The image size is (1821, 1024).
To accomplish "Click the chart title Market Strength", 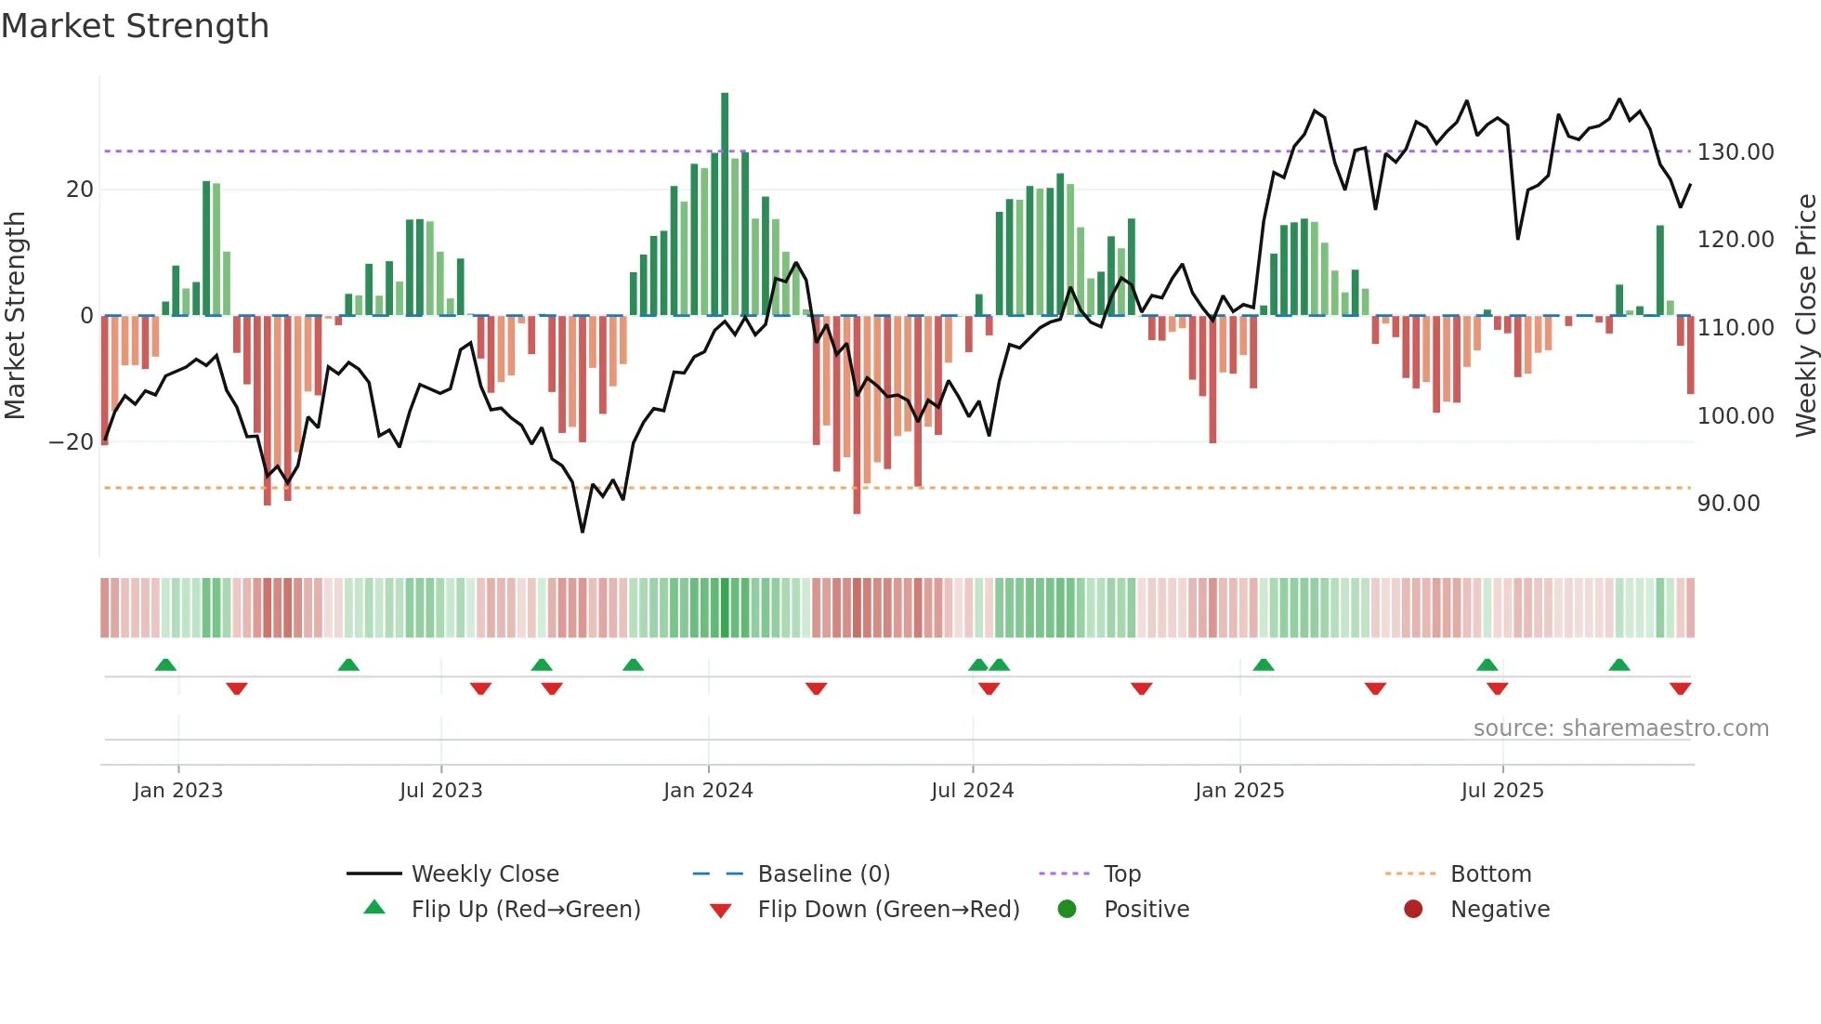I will pyautogui.click(x=135, y=26).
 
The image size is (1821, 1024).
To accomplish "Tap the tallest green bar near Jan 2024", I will pyautogui.click(x=725, y=204).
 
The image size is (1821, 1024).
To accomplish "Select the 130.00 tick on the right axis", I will pyautogui.click(x=1735, y=151).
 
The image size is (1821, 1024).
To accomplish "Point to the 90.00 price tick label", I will pyautogui.click(x=1728, y=503).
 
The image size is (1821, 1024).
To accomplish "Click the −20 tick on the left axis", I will pyautogui.click(x=72, y=441).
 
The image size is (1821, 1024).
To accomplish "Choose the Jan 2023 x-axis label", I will pyautogui.click(x=177, y=790).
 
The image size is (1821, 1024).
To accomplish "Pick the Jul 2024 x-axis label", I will pyautogui.click(x=972, y=790).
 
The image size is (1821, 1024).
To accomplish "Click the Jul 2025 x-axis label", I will pyautogui.click(x=1501, y=790).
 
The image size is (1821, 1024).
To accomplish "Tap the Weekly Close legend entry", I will pyautogui.click(x=484, y=873).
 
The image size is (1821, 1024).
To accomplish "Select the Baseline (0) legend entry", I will pyautogui.click(x=823, y=873).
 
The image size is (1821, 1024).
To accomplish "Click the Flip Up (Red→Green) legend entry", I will pyautogui.click(x=525, y=909).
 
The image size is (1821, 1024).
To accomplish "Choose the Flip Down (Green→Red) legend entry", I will pyautogui.click(x=887, y=909).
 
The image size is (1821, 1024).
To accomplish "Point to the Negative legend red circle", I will pyautogui.click(x=1413, y=909).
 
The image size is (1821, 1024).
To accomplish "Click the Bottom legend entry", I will pyautogui.click(x=1489, y=873).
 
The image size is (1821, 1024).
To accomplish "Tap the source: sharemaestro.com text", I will pyautogui.click(x=1620, y=728).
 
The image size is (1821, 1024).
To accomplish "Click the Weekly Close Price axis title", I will pyautogui.click(x=1805, y=315).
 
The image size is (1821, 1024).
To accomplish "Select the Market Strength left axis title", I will pyautogui.click(x=15, y=315).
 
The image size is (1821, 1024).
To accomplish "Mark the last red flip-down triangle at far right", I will pyautogui.click(x=1680, y=689).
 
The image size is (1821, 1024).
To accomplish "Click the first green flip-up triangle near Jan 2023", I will pyautogui.click(x=165, y=664).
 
